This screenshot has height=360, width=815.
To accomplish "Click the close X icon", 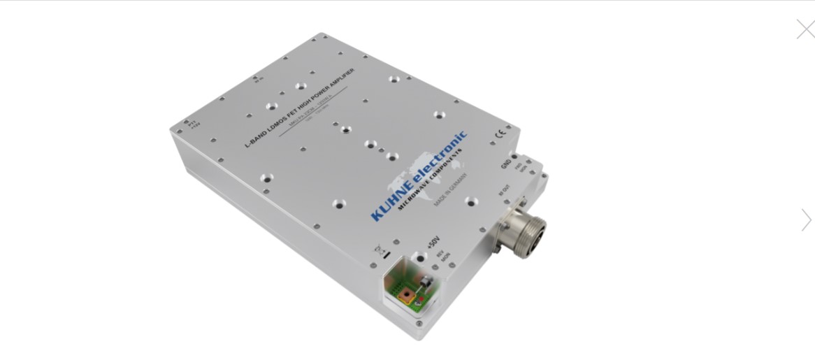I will [x=805, y=29].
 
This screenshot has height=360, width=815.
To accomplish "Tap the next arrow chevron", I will [x=807, y=220].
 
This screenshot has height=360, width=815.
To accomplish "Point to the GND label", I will [x=506, y=164].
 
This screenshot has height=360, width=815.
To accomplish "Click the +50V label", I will [x=433, y=243].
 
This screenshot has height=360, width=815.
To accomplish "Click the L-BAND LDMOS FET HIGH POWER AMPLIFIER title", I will [x=298, y=108].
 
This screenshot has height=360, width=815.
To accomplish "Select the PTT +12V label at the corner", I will [x=194, y=124].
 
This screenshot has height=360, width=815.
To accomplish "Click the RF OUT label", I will [x=504, y=191].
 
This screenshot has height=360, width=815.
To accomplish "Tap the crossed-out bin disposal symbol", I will [x=381, y=250].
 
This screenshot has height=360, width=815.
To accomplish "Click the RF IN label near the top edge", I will [x=259, y=80].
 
